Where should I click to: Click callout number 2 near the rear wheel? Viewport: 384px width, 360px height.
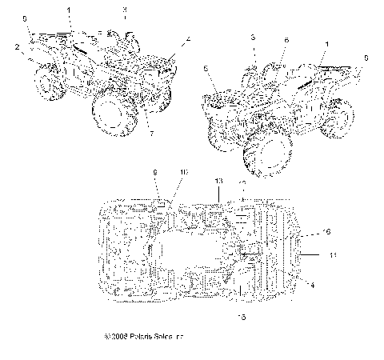click(17, 47)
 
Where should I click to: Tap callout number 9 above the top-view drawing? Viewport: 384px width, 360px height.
click(155, 173)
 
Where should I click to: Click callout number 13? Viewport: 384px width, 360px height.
click(218, 182)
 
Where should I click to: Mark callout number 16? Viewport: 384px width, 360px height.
click(326, 231)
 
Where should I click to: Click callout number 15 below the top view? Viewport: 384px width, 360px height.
click(242, 317)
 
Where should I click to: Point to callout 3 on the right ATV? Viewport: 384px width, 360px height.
click(253, 38)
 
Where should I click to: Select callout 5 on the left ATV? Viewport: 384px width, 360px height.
click(24, 18)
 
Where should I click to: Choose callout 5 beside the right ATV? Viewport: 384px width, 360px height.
click(366, 58)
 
